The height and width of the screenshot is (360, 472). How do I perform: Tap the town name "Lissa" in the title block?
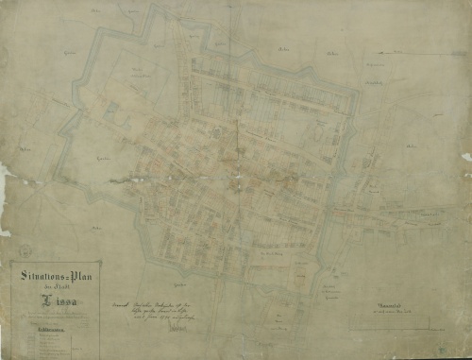click(x=53, y=300)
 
